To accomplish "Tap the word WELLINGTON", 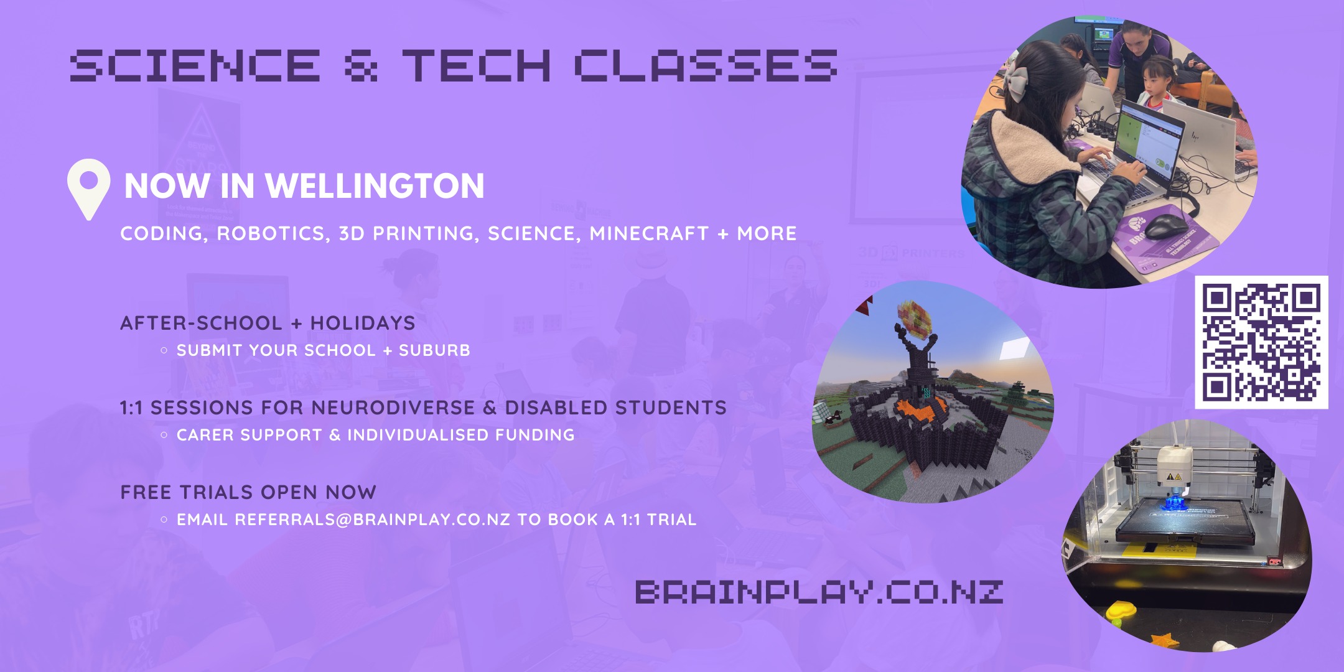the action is [x=375, y=185].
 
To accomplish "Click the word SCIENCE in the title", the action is [x=195, y=65].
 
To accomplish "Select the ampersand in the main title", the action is [x=361, y=65].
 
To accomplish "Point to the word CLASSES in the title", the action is [x=706, y=65].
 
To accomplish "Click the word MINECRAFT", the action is [x=649, y=233].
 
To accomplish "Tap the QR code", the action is [x=1261, y=342].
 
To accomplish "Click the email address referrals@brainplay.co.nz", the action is [x=372, y=520].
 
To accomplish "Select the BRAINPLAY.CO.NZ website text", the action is [x=819, y=592].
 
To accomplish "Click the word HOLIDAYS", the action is [x=363, y=323].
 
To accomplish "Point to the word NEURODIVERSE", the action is [x=393, y=408].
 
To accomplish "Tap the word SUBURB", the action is [x=434, y=350].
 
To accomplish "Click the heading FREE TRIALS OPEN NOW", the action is [x=248, y=492].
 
